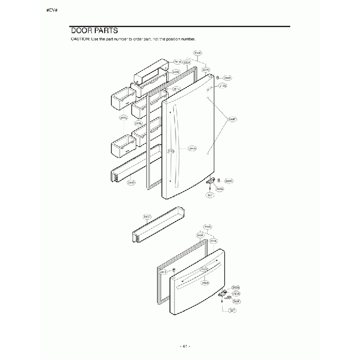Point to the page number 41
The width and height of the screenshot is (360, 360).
coord(185,346)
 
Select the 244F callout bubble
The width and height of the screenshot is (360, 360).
coord(233,119)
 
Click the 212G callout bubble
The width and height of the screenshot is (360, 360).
coord(171,151)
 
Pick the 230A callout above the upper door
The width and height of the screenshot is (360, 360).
coord(198,53)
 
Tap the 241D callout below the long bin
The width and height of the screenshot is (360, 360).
coord(131,182)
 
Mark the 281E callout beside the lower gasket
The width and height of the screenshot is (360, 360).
coord(163,272)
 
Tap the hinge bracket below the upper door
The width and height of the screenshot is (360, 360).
coord(210,181)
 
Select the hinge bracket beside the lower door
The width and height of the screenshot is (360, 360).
coord(224,294)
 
